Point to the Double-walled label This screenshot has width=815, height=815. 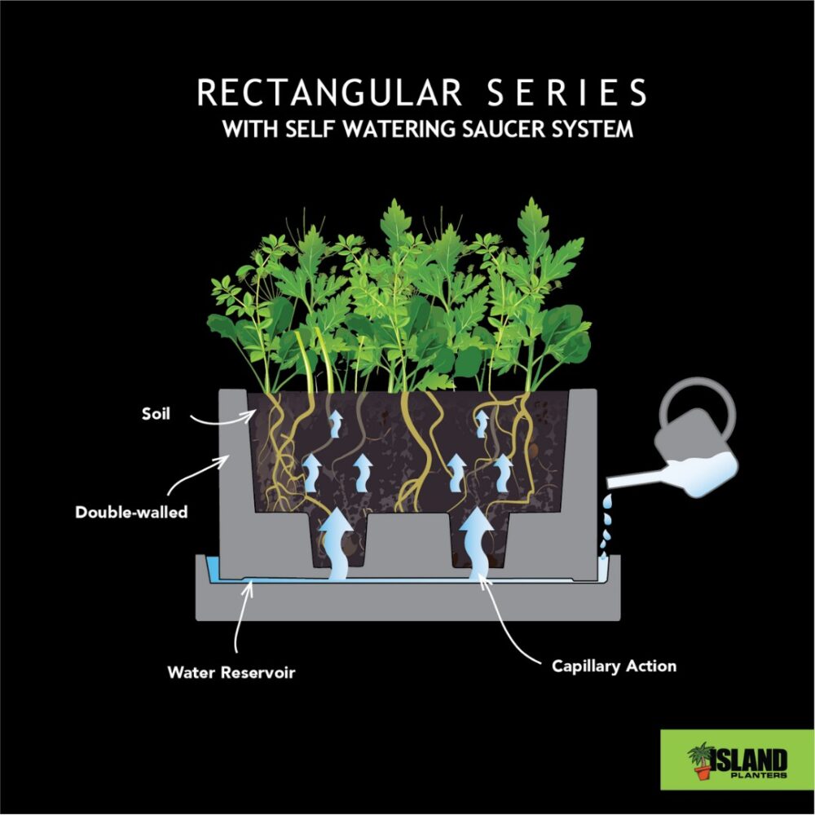(131, 513)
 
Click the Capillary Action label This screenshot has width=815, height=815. (614, 666)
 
